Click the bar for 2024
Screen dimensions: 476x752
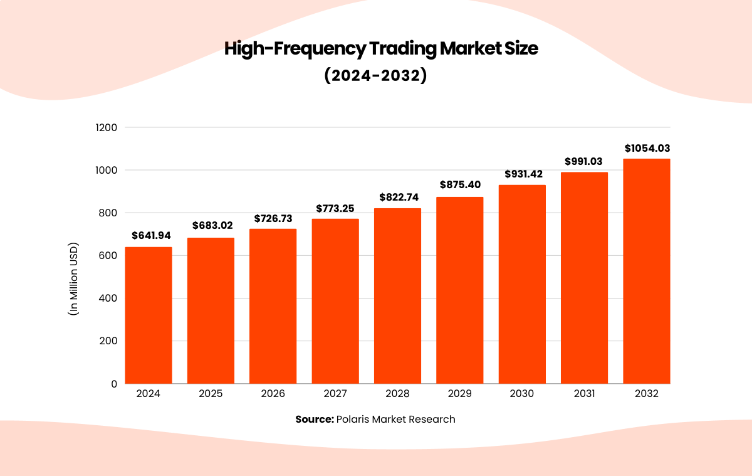coord(149,315)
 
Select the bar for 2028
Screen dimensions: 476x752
coord(397,295)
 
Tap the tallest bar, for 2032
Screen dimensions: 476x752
coord(646,271)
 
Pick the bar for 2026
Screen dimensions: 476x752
coord(273,306)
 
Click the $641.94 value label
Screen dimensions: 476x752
coord(151,236)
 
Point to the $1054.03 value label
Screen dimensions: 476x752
coord(647,149)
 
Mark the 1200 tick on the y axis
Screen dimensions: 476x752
coord(106,127)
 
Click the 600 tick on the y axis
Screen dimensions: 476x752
coord(108,255)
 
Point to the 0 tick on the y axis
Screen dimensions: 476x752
coord(113,384)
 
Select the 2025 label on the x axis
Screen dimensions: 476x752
coord(211,394)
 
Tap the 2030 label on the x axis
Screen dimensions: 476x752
coord(521,394)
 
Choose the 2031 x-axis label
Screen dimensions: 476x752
coord(584,394)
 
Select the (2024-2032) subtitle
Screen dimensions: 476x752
coord(375,75)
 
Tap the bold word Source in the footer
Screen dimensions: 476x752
coord(315,419)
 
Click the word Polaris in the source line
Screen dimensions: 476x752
coord(353,419)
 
